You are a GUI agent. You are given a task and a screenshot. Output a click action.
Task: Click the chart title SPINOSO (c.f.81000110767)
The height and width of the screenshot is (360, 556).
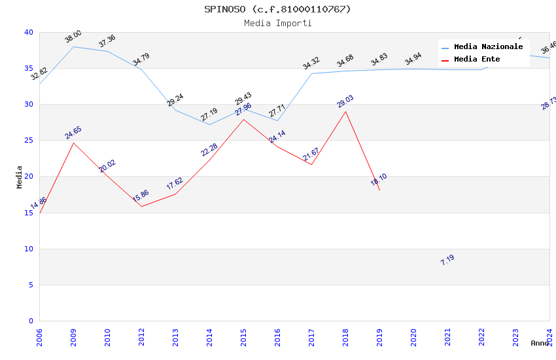coord(277,9)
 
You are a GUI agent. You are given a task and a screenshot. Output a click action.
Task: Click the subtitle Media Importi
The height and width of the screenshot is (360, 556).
coord(277,23)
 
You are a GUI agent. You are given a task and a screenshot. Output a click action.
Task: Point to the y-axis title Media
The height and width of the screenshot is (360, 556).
coord(20,177)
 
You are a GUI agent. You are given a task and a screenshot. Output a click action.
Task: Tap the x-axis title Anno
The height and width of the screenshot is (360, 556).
coord(540,343)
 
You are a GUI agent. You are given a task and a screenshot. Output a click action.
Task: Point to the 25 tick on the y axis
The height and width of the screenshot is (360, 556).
coord(29,141)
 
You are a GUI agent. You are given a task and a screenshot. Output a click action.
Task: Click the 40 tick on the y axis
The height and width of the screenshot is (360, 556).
coord(29,32)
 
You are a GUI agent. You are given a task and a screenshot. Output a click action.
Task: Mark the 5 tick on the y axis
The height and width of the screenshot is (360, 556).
coord(31,285)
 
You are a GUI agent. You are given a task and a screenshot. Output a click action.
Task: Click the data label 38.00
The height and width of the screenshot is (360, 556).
coord(73,37)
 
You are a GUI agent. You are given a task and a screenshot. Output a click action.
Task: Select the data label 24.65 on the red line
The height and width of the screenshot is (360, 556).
coord(73,133)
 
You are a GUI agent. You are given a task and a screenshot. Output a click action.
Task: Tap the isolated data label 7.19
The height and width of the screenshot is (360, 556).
coord(447,259)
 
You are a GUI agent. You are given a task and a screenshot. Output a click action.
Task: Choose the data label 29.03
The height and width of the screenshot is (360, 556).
coord(345,101)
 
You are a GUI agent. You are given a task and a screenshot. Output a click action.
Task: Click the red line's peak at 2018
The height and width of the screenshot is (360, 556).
coord(345,111)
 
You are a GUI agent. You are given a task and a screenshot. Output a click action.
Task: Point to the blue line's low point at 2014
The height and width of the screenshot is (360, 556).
coord(209,124)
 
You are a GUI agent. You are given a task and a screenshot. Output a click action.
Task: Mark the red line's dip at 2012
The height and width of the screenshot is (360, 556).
coord(141,206)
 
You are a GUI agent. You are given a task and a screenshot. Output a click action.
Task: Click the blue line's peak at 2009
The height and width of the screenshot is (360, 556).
coord(73,46)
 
